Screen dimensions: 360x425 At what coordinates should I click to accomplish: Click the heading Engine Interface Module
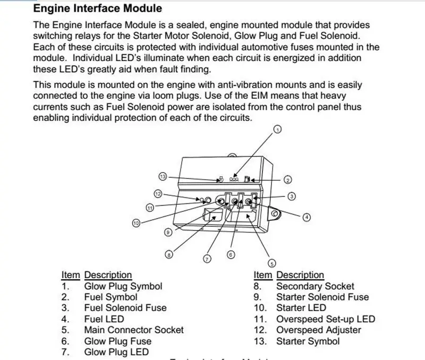pyautogui.click(x=97, y=8)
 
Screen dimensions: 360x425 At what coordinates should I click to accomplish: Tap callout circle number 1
pyautogui.click(x=277, y=130)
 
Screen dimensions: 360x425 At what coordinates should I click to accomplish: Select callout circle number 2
pyautogui.click(x=288, y=179)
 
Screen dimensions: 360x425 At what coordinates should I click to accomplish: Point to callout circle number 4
pyautogui.click(x=307, y=217)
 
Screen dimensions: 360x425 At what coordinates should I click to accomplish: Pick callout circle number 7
pyautogui.click(x=207, y=259)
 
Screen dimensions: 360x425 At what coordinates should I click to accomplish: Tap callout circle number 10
pyautogui.click(x=136, y=224)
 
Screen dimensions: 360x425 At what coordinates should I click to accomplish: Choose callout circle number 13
pyautogui.click(x=163, y=176)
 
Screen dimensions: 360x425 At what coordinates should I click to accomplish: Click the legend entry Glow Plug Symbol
pyautogui.click(x=123, y=286)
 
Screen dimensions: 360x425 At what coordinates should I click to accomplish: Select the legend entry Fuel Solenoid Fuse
pyautogui.click(x=125, y=308)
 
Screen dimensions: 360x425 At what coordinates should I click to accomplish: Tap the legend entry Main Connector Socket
pyautogui.click(x=134, y=330)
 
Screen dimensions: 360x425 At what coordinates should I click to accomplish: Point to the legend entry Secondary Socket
pyautogui.click(x=315, y=286)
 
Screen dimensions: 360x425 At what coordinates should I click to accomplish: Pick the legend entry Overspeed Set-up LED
pyautogui.click(x=326, y=319)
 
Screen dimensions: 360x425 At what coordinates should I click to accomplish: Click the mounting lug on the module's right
pyautogui.click(x=275, y=213)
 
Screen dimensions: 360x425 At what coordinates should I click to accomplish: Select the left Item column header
pyautogui.click(x=70, y=275)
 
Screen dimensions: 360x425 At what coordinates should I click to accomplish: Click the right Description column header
pyautogui.click(x=300, y=275)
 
